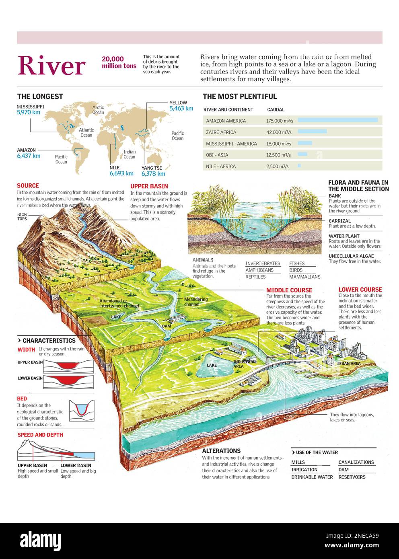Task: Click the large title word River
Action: [x=51, y=66]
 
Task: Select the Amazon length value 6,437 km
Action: [x=29, y=156]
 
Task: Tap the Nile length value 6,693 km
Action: [x=121, y=174]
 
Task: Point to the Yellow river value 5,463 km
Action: [x=181, y=109]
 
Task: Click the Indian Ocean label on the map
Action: [x=130, y=154]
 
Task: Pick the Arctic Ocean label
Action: [x=98, y=110]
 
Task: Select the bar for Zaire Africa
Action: [x=312, y=132]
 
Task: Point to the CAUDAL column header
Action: [x=276, y=109]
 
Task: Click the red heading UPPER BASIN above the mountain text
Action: [x=149, y=186]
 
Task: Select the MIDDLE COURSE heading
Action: [x=289, y=290]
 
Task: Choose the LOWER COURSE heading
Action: [x=360, y=290]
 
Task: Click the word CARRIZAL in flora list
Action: [x=339, y=221]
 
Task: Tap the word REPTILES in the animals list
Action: [x=255, y=277]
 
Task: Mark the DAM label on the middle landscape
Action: [x=167, y=326]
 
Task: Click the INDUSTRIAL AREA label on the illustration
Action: [x=245, y=364]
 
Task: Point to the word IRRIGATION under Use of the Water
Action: [x=304, y=470]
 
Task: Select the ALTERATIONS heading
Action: [x=221, y=451]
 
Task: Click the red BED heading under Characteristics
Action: [x=22, y=399]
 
